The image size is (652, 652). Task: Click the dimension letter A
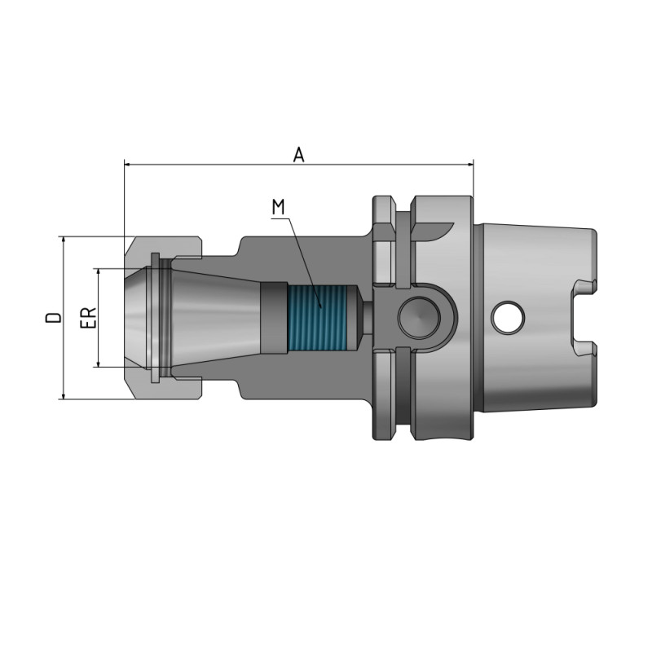pos(299,154)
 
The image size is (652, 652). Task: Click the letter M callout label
pos(279,207)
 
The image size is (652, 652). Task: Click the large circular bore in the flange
pos(419,316)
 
